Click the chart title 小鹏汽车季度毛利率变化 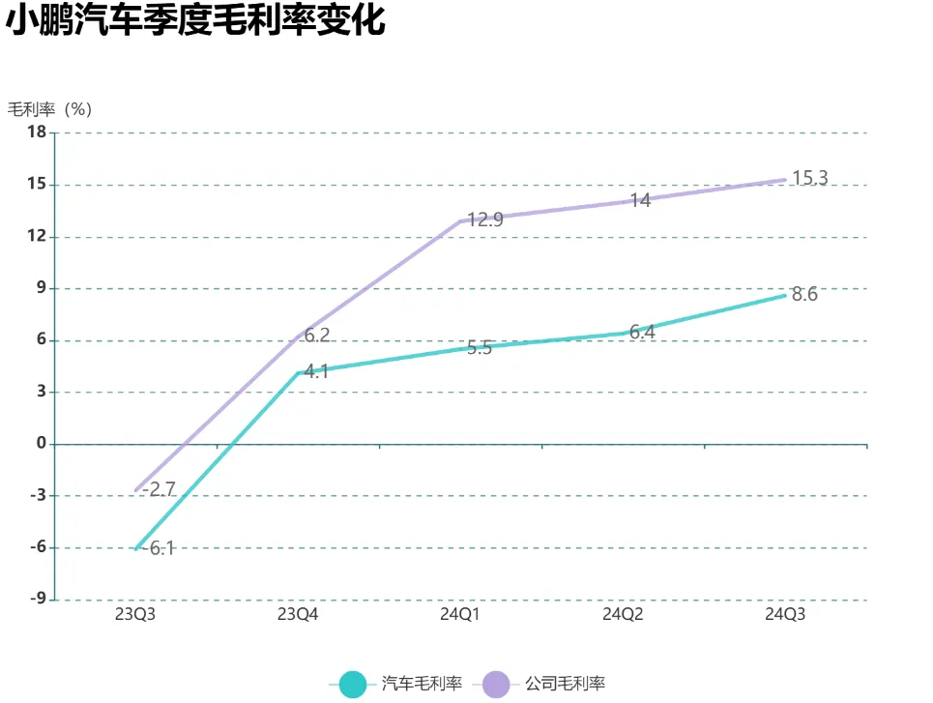coord(196,21)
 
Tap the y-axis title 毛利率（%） coord(49,109)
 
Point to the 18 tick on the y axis coord(37,132)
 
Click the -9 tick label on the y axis coord(37,600)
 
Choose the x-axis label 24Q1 coord(460,615)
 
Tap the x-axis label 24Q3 coord(785,615)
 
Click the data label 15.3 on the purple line coord(810,178)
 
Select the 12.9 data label coord(485,220)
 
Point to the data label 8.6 coord(804,295)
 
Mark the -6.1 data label coord(159,548)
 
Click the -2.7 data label coord(159,489)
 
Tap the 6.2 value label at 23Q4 coord(317,336)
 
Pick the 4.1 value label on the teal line coord(317,370)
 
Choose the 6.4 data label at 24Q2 coord(642,332)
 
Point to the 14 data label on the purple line coord(640,201)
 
